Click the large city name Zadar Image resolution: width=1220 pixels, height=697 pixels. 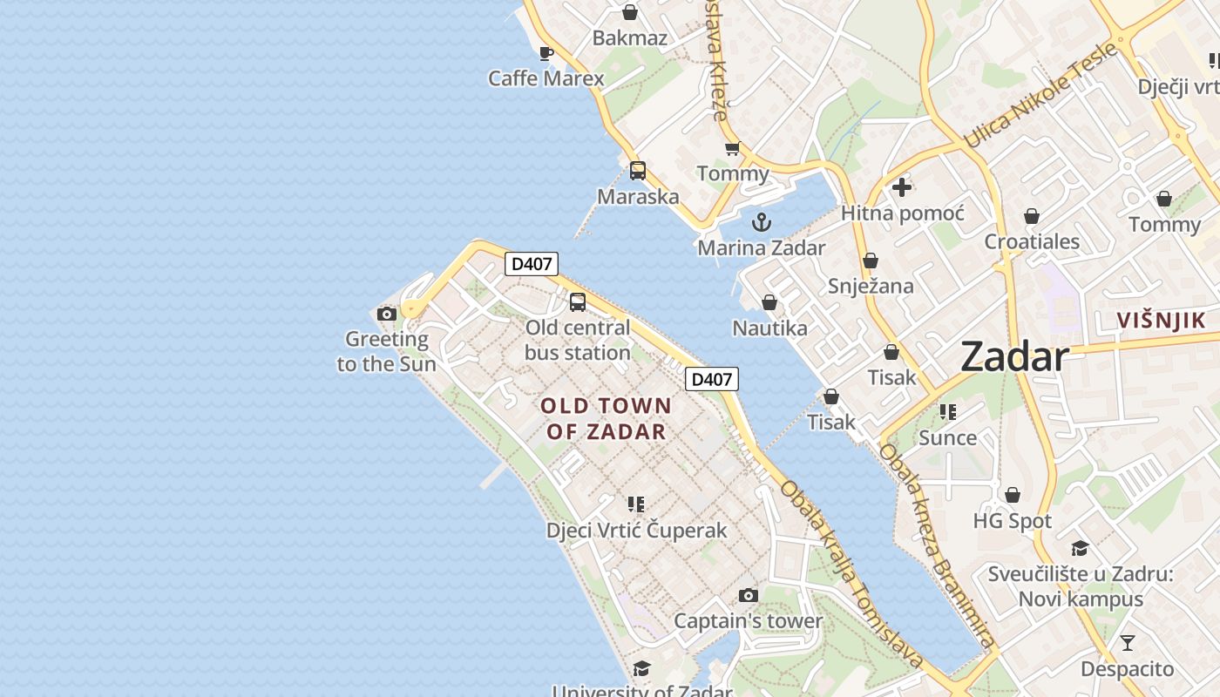click(x=1014, y=357)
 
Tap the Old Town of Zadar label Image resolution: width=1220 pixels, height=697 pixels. click(x=606, y=418)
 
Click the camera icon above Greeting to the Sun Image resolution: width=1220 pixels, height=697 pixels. click(x=387, y=314)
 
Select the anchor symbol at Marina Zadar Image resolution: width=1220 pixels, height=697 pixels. click(x=762, y=222)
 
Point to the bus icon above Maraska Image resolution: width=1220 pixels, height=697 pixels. click(x=638, y=171)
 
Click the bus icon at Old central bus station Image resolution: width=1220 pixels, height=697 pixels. click(x=577, y=302)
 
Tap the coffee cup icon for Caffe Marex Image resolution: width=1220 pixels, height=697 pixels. click(x=546, y=53)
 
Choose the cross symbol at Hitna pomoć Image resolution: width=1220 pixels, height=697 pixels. click(x=902, y=186)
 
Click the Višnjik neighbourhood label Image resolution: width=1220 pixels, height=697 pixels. click(x=1162, y=321)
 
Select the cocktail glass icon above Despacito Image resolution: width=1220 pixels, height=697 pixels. click(x=1128, y=643)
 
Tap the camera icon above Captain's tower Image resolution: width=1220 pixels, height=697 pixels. click(x=748, y=596)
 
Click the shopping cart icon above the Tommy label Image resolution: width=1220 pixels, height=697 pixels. click(x=732, y=149)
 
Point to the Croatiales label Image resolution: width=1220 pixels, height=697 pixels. click(x=1032, y=241)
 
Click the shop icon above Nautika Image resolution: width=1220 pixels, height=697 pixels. click(x=769, y=302)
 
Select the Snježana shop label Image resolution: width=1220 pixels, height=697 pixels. click(x=871, y=286)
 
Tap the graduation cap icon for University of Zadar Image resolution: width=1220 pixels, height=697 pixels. click(x=641, y=668)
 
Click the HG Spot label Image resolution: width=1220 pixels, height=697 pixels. click(x=1013, y=521)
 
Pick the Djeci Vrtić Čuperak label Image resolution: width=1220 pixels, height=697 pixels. click(x=636, y=530)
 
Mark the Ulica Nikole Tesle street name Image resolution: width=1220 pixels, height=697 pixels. click(x=1040, y=94)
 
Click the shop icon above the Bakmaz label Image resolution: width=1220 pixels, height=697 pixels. click(x=629, y=12)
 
